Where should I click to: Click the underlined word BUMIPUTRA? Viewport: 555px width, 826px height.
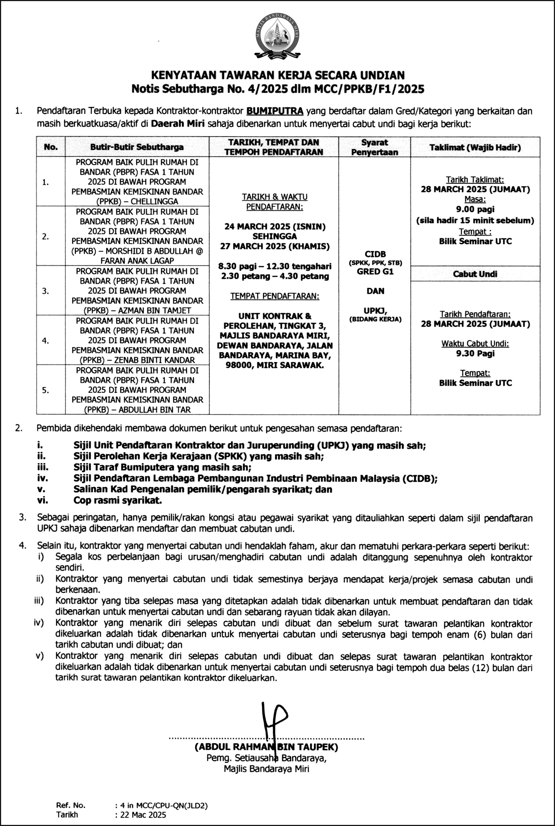(275, 111)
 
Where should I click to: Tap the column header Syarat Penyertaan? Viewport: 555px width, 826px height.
(374, 147)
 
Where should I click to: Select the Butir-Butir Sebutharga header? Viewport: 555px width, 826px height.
(137, 147)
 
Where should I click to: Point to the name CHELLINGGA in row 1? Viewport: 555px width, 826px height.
(154, 201)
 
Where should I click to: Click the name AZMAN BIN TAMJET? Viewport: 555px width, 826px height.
(157, 311)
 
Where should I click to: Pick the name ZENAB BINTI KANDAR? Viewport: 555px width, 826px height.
(154, 360)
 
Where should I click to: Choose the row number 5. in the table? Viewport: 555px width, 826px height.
(46, 390)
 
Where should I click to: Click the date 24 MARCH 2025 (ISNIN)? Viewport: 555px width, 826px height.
(275, 227)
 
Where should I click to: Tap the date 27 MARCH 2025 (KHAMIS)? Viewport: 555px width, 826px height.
(275, 246)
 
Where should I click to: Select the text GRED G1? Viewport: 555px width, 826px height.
(375, 272)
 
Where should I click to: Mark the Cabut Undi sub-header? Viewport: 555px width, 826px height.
(475, 274)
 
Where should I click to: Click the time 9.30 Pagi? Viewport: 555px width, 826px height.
(475, 353)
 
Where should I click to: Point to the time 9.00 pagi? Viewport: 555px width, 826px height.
(475, 209)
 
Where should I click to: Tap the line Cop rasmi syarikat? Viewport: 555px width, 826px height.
(117, 500)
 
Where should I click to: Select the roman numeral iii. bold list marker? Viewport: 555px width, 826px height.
(43, 467)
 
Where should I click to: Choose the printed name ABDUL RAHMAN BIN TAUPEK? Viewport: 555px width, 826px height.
(266, 747)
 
